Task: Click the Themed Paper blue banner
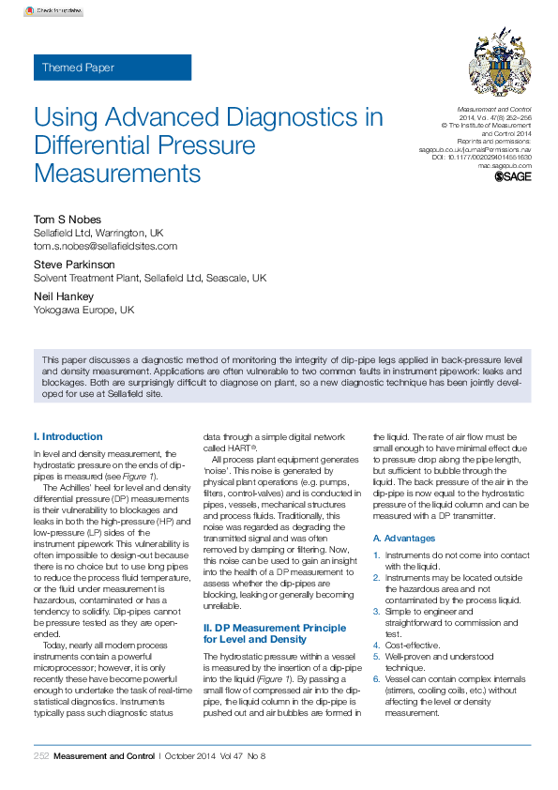pyautogui.click(x=113, y=68)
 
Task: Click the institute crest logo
pyautogui.click(x=498, y=68)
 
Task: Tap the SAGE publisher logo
pyautogui.click(x=512, y=175)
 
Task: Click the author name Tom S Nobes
pyautogui.click(x=68, y=220)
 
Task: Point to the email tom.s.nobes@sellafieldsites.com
pyautogui.click(x=105, y=246)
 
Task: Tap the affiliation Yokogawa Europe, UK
pyautogui.click(x=83, y=310)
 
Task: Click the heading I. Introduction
pyautogui.click(x=68, y=436)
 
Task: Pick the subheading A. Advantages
pyautogui.click(x=404, y=539)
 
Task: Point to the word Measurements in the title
pyautogui.click(x=117, y=174)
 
